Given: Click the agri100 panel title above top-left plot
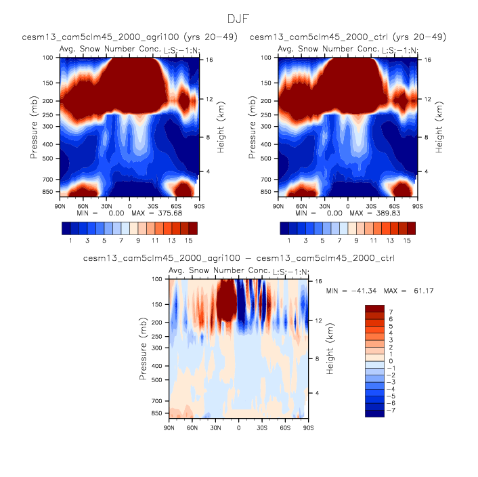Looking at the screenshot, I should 129,37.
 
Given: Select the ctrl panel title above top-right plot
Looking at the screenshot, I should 348,37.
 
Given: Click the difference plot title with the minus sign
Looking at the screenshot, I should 238,258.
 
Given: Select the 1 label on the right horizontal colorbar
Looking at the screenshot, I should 289,241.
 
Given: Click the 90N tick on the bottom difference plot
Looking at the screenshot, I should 169,428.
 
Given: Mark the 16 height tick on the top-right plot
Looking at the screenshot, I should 428,60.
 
